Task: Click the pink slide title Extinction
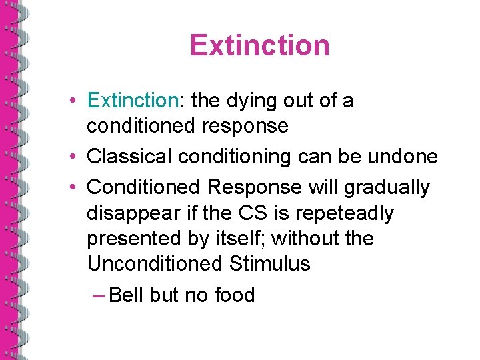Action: click(259, 45)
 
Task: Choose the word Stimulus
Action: click(269, 264)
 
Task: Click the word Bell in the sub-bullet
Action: click(125, 295)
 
